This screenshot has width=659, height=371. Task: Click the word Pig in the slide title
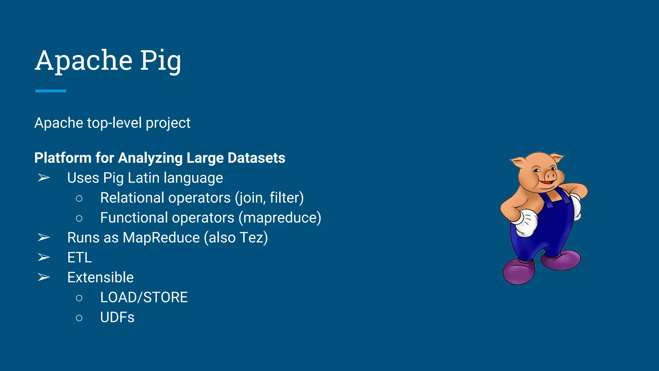coord(160,61)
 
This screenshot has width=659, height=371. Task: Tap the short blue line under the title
coord(51,91)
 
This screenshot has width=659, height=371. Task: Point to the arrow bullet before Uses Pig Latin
coord(44,178)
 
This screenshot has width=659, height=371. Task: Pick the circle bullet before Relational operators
coord(79,198)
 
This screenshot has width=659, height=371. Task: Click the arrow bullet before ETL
coord(44,258)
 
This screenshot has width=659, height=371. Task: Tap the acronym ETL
coord(79,258)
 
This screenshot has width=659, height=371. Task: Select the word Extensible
coord(100,278)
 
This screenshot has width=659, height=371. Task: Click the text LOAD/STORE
coord(144,298)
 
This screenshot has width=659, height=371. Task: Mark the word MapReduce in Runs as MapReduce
coord(161,238)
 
